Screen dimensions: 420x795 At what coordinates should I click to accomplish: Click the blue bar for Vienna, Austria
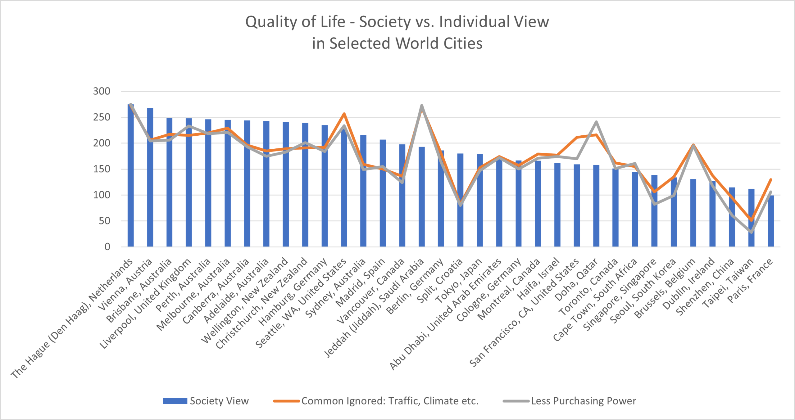tap(150, 186)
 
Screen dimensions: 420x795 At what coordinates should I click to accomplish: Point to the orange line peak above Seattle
tap(344, 114)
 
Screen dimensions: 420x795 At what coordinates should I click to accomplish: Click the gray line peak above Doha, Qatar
tap(596, 122)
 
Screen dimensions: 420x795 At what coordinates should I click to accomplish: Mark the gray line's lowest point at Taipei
tap(751, 232)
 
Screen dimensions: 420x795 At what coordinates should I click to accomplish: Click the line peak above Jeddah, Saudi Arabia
tap(421, 106)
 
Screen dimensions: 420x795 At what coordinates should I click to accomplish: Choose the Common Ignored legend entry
tap(376, 401)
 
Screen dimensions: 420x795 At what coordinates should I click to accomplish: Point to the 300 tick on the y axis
tap(102, 91)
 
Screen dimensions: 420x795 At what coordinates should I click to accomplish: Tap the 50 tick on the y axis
tap(104, 221)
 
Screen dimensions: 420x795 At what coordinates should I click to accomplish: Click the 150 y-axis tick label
tap(102, 169)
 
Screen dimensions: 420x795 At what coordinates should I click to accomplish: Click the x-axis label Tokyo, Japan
tap(459, 281)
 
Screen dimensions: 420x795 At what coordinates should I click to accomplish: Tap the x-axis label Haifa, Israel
tap(538, 279)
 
